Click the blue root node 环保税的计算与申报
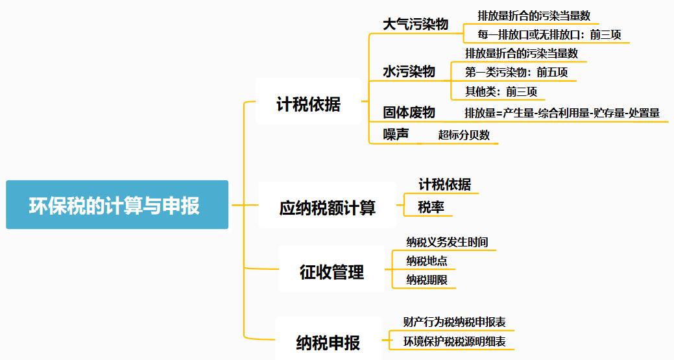pyautogui.click(x=117, y=205)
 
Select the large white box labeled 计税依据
pyautogui.click(x=308, y=103)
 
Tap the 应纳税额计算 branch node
pyautogui.click(x=327, y=208)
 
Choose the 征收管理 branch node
pyautogui.click(x=331, y=272)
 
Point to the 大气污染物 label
pyautogui.click(x=415, y=25)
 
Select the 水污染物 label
pyautogui.click(x=409, y=71)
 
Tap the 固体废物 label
pyautogui.click(x=409, y=112)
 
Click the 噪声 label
pyautogui.click(x=396, y=134)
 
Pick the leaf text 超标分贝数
pyautogui.click(x=464, y=135)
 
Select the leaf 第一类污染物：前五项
pyautogui.click(x=516, y=72)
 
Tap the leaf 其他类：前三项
pyautogui.click(x=501, y=91)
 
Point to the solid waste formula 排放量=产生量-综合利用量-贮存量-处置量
pyautogui.click(x=562, y=113)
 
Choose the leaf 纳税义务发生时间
pyautogui.click(x=447, y=242)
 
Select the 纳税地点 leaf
pyautogui.click(x=426, y=261)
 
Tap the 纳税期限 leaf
pyautogui.click(x=426, y=280)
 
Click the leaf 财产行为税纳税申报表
pyautogui.click(x=454, y=322)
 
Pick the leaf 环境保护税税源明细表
pyautogui.click(x=454, y=341)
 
